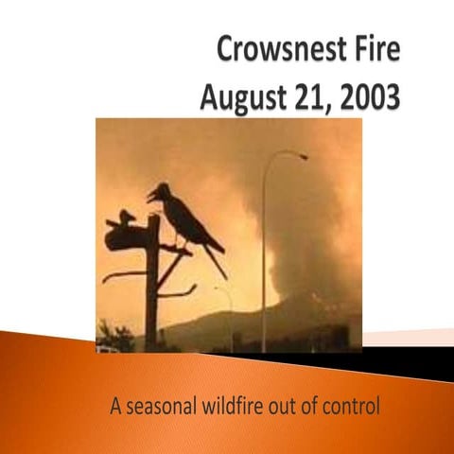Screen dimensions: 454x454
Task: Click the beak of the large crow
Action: tap(150, 198)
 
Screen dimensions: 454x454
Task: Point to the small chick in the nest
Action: tap(128, 217)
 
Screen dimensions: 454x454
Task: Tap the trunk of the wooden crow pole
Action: tap(151, 293)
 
